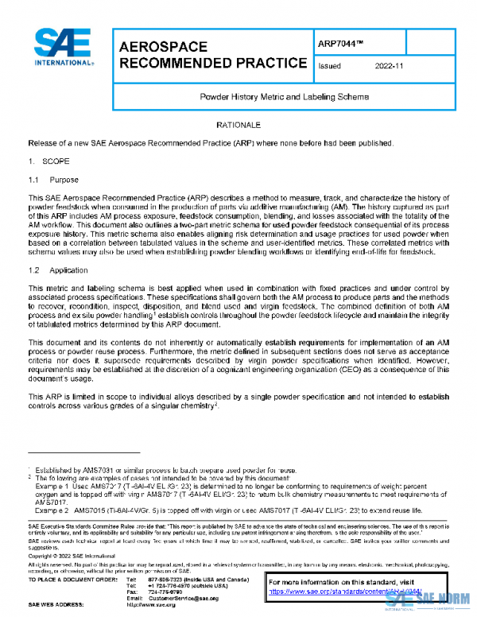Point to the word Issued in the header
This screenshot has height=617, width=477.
(329, 67)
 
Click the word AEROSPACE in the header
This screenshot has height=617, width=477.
(163, 47)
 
